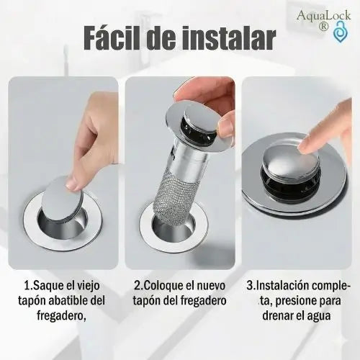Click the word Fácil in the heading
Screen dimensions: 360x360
[117, 38]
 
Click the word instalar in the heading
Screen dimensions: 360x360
[228, 38]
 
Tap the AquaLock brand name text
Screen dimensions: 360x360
[320, 15]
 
